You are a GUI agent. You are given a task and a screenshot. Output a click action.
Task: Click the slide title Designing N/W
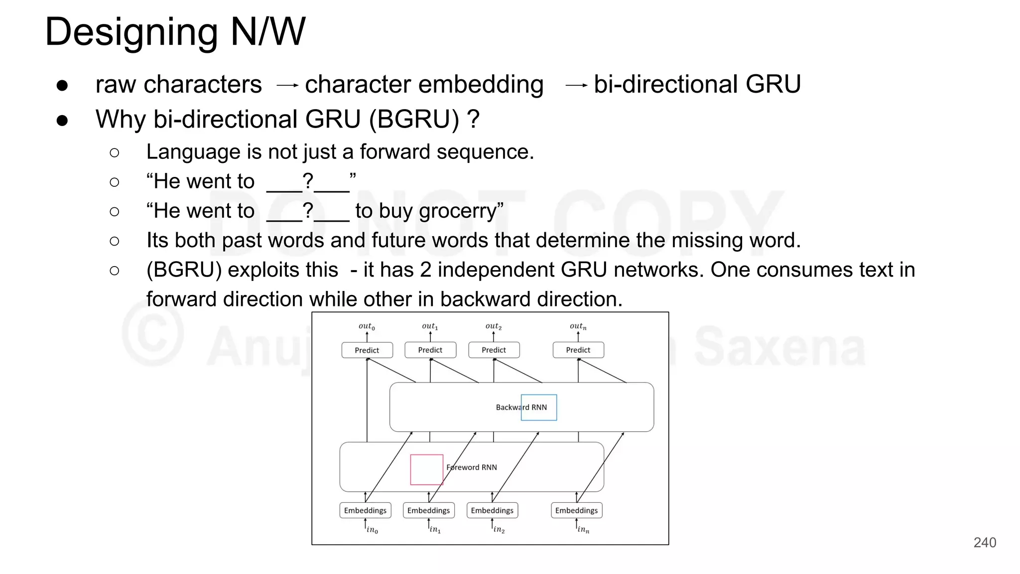(175, 31)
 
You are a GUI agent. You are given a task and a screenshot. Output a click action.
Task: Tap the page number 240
(984, 542)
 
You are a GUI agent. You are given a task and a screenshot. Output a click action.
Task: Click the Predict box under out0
(367, 350)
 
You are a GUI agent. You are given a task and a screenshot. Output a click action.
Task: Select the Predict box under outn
(578, 350)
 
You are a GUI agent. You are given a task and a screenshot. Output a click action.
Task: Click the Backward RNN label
(521, 407)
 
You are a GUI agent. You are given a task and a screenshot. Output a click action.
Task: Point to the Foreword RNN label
(471, 467)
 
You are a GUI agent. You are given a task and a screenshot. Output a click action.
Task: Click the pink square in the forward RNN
(426, 469)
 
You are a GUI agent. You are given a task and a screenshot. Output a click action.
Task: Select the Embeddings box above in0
(365, 510)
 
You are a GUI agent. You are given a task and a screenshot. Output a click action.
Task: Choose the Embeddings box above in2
(492, 510)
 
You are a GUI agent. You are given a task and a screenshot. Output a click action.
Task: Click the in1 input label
(435, 529)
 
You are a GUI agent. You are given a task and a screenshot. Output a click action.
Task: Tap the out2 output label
(493, 326)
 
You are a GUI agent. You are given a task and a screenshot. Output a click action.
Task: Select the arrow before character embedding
(287, 86)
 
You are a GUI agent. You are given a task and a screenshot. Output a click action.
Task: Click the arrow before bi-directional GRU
(576, 86)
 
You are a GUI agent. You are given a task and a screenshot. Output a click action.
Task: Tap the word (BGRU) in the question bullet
(414, 120)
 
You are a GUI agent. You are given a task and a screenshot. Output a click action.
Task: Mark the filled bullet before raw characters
(62, 85)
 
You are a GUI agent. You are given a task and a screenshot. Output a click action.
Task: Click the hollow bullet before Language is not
(115, 152)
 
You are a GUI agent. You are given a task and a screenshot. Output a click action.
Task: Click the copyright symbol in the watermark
(152, 332)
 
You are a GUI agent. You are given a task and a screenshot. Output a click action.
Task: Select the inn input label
(583, 529)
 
